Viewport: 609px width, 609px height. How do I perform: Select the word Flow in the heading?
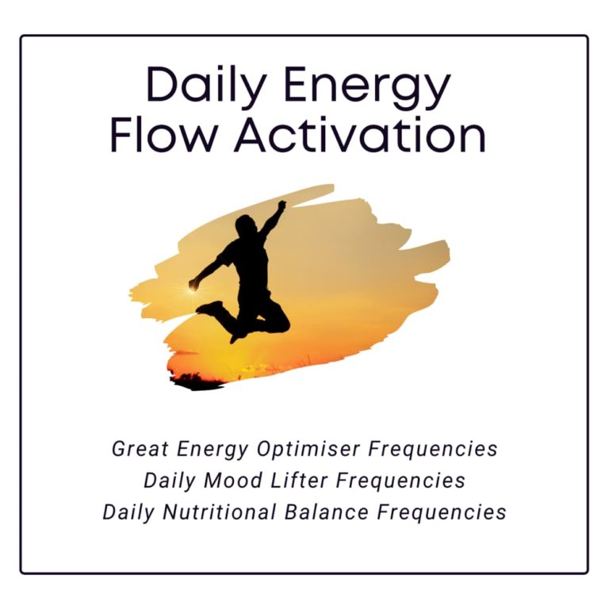tap(163, 134)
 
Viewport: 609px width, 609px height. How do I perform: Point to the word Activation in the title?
tap(360, 134)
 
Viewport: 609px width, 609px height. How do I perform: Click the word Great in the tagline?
tap(140, 449)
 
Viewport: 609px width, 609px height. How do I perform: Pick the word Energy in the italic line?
tap(213, 450)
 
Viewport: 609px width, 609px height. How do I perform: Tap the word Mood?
tap(233, 481)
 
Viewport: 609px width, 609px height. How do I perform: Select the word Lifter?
tap(299, 481)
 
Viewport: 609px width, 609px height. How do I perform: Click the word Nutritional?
tap(220, 512)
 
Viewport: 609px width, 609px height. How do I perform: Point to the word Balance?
tap(327, 512)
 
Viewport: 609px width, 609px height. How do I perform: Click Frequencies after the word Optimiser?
tap(433, 450)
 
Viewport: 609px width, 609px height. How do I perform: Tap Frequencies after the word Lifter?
tap(400, 481)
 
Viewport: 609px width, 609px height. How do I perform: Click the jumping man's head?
tap(246, 225)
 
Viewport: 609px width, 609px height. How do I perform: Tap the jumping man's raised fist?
tap(282, 205)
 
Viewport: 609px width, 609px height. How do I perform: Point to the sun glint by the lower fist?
tap(191, 288)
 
